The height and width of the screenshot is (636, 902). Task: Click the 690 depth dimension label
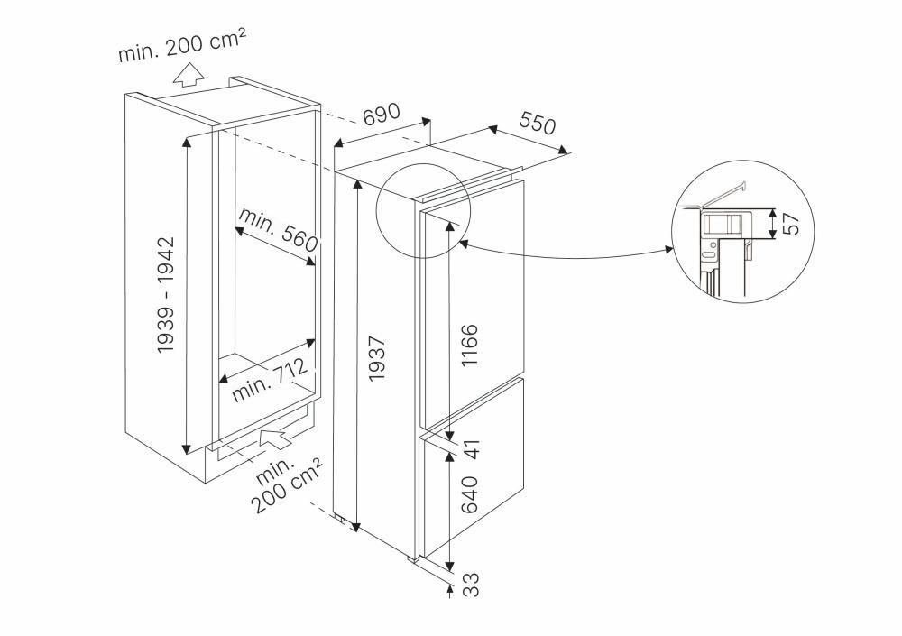(381, 117)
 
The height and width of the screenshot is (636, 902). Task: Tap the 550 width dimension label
(537, 125)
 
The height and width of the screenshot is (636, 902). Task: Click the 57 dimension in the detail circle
(791, 223)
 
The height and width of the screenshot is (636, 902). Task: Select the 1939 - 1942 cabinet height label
(166, 295)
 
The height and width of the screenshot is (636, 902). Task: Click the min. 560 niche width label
(279, 229)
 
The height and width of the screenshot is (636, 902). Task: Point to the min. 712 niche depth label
(271, 380)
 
